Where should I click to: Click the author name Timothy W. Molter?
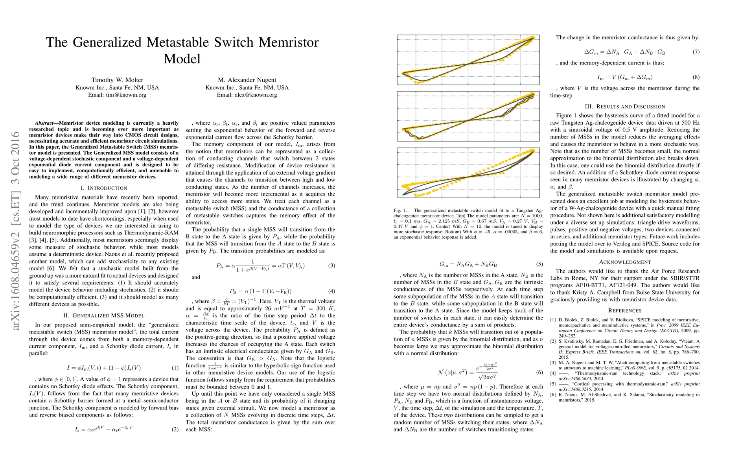coord(117,80)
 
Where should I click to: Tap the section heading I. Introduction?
coord(104,188)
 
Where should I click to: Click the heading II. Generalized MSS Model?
coord(104,315)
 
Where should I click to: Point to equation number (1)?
coord(175,368)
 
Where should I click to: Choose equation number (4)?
coord(331,291)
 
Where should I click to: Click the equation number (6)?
coord(539,372)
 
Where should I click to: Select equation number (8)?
coord(696,77)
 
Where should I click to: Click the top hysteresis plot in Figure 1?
coord(468,59)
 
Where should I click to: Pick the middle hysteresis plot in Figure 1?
coord(468,116)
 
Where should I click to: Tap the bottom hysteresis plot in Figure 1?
coord(468,173)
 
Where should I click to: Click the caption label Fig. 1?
coord(400,210)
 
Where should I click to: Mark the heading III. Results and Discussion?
coord(625,107)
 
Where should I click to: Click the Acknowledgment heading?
coord(625,262)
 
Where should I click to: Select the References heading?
coord(625,311)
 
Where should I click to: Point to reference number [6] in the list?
coord(553,395)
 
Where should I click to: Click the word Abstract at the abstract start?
coord(44,123)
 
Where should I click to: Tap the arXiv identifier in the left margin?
coord(16,231)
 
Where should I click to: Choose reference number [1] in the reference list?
coord(553,320)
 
